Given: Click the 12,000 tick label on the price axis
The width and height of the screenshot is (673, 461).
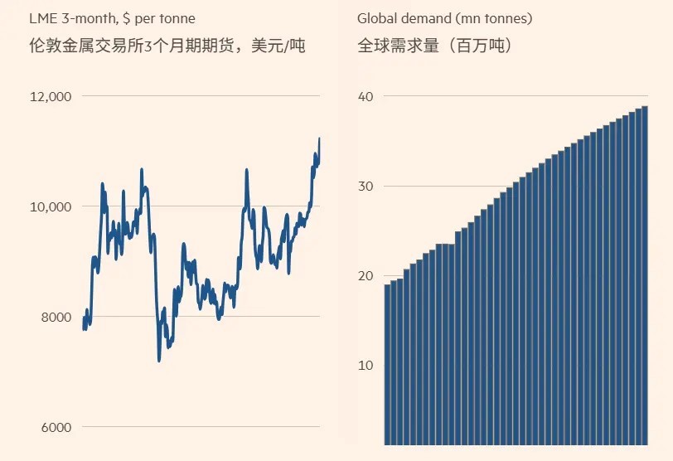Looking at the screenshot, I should (x=51, y=97).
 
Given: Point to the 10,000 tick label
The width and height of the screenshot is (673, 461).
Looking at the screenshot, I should (x=51, y=206).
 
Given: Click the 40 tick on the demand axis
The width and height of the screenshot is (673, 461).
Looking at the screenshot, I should (x=366, y=97).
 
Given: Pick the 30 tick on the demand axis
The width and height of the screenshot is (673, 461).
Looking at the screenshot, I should (x=366, y=187).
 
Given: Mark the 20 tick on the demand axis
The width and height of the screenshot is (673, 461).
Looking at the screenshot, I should (x=366, y=276).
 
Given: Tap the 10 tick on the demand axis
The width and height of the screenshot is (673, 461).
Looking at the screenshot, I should (x=366, y=366).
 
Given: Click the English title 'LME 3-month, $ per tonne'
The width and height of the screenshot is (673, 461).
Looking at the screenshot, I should (x=112, y=18).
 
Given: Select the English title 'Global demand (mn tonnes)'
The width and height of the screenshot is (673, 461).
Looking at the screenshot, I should (x=444, y=18).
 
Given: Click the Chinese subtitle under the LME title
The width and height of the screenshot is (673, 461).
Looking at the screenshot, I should (x=167, y=46).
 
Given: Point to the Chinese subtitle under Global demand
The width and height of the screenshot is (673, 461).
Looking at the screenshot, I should (x=434, y=46).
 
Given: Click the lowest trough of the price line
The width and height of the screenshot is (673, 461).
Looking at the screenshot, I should (x=159, y=360).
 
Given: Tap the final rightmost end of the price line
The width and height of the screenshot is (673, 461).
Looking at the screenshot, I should (x=319, y=138).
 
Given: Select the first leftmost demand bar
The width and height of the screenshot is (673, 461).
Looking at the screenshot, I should (x=387, y=365).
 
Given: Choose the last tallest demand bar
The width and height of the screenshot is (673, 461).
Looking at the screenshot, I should (x=644, y=275).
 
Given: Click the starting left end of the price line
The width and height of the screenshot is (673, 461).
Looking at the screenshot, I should (x=84, y=328).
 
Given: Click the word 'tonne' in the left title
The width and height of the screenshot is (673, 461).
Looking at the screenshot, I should (x=177, y=18).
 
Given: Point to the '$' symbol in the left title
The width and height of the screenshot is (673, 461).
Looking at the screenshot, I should (x=126, y=18).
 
